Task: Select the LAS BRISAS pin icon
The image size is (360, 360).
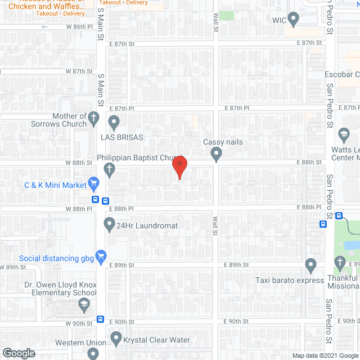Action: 114,121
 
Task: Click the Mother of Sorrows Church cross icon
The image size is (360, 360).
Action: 94,119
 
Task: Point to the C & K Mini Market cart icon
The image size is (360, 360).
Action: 94,183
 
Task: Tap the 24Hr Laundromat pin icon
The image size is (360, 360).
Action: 110,225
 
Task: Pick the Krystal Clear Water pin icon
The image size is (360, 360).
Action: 116,339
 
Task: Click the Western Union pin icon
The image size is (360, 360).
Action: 94,353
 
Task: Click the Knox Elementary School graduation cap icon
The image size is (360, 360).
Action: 83,304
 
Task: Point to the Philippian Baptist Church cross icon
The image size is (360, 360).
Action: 110,168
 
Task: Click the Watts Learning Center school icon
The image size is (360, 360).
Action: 344,135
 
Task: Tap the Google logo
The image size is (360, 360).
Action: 19,353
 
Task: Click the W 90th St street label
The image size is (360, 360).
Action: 78,323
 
